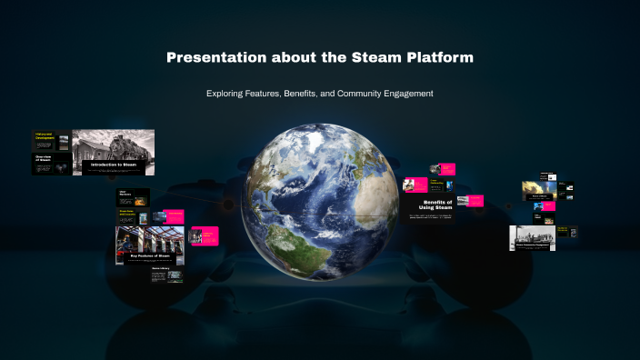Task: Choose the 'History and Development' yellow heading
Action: click(45, 135)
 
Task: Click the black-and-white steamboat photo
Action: click(532, 237)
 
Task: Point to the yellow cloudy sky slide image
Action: click(538, 189)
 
